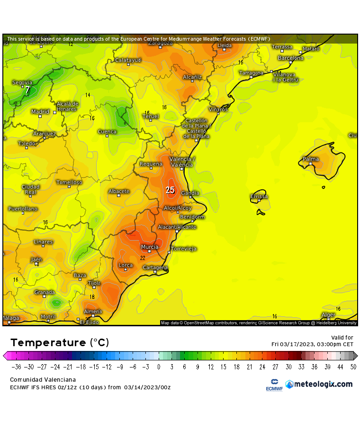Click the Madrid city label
40,112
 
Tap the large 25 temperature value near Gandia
170,190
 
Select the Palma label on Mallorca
311,159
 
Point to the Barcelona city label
290,58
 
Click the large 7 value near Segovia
27,90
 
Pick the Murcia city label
150,247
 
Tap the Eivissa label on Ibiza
259,196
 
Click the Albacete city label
119,191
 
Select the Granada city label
44,292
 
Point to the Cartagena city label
155,268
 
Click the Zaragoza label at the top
160,43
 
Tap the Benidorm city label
192,217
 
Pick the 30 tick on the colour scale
288,366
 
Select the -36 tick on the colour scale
16,366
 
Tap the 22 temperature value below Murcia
143,258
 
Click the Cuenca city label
107,132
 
